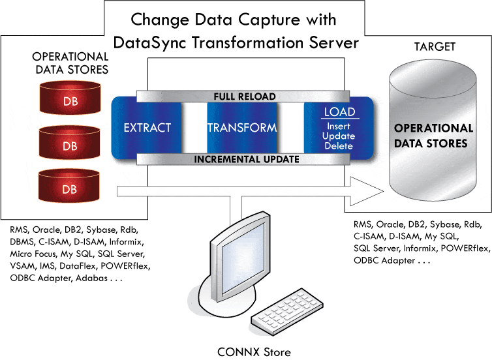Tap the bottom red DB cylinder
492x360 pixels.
pos(69,187)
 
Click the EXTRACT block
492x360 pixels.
pos(147,128)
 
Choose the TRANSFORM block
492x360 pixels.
pos(242,128)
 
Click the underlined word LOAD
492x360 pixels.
pos(339,112)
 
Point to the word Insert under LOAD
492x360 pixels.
pos(339,126)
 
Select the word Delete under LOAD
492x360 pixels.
pos(339,146)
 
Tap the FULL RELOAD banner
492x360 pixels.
pos(245,97)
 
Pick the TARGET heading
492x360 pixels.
pos(435,47)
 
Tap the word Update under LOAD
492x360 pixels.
pos(339,136)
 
